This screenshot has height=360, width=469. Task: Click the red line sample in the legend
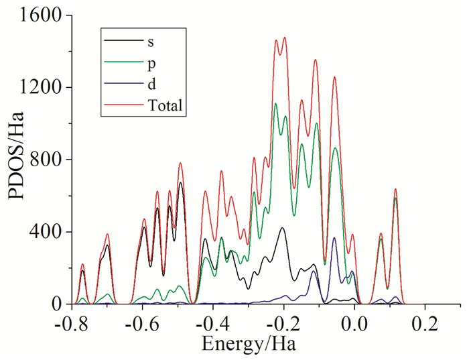[121, 105]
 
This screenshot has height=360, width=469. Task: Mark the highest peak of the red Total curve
[285, 38]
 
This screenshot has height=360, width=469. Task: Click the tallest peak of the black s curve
[180, 182]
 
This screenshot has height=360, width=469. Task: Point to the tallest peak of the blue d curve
[334, 237]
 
